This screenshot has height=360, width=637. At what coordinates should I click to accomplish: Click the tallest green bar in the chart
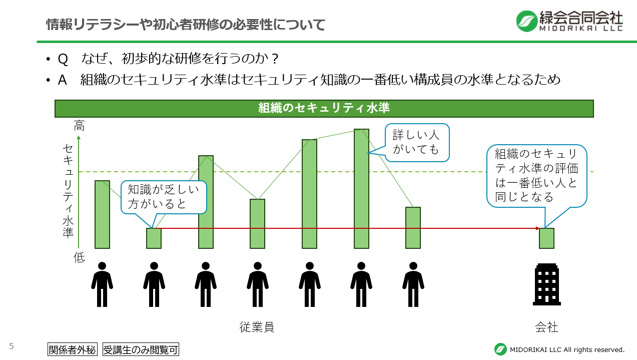(361, 188)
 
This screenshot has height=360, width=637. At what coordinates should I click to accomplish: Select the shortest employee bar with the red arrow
(154, 238)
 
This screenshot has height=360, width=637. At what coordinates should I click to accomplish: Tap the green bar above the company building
(546, 238)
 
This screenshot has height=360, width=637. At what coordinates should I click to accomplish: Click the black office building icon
(546, 284)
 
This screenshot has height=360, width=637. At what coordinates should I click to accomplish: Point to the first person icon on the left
(102, 284)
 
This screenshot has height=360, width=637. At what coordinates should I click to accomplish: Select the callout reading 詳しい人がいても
(417, 142)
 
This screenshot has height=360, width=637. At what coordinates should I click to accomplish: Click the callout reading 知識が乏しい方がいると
(164, 196)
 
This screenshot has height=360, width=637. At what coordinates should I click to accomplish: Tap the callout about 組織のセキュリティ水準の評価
(536, 175)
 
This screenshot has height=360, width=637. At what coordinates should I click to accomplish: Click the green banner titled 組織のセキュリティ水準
(324, 108)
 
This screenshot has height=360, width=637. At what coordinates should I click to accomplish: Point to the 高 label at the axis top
(79, 126)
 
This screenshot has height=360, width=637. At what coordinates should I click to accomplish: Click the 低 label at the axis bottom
(79, 257)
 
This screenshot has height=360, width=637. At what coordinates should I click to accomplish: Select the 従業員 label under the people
(257, 327)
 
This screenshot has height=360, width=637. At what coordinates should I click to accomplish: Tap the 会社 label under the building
(546, 327)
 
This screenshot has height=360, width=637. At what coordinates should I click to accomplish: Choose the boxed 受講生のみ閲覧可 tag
(141, 349)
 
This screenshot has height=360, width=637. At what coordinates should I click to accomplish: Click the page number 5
(11, 346)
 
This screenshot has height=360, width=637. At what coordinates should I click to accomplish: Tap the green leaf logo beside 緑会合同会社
(526, 21)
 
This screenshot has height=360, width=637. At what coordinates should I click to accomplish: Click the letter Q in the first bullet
(63, 59)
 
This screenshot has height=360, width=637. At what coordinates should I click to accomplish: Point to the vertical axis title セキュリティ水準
(68, 191)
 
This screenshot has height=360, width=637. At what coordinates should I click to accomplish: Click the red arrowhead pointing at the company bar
(537, 228)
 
